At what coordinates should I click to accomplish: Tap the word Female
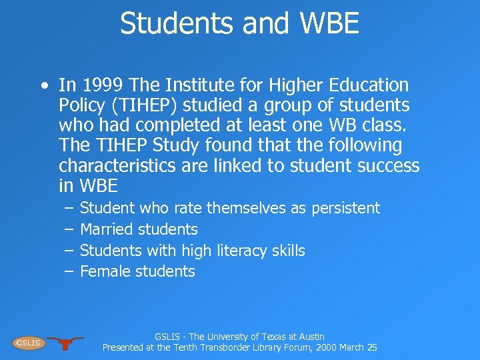[x=105, y=271]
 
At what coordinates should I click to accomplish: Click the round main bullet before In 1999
[x=43, y=86]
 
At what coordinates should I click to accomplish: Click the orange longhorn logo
[x=65, y=343]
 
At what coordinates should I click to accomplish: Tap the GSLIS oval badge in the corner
[x=29, y=343]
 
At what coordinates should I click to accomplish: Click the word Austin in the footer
[x=309, y=337]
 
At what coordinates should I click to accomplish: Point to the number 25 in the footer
[x=371, y=347]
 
